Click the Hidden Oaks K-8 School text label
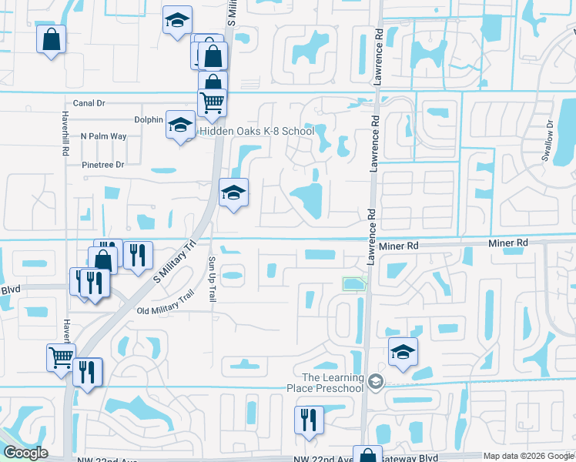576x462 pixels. click(256, 131)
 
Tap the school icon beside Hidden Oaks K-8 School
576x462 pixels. click(180, 125)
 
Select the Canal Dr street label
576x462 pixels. click(89, 102)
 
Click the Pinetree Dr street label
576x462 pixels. click(102, 165)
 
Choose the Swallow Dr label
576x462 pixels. click(548, 140)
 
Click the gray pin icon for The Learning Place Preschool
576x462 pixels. click(375, 381)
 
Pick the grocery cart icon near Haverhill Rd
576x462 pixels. click(61, 356)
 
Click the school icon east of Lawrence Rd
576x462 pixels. click(403, 351)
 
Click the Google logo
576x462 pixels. click(25, 453)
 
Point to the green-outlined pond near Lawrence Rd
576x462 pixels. click(354, 285)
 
